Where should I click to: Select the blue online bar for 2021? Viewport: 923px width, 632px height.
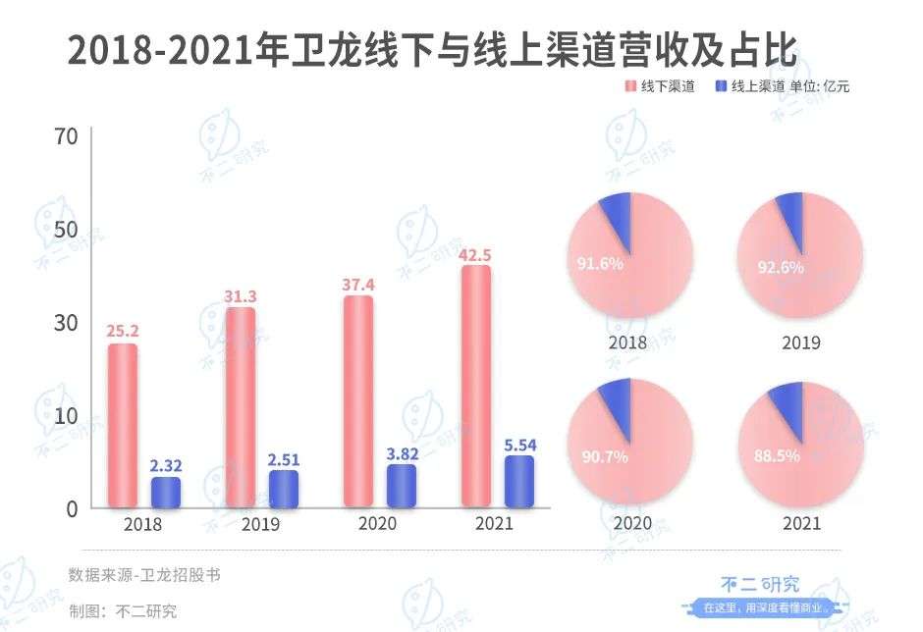pyautogui.click(x=519, y=481)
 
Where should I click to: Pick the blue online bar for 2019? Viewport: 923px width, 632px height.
pyautogui.click(x=284, y=488)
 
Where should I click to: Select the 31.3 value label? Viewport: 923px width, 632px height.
pyautogui.click(x=240, y=297)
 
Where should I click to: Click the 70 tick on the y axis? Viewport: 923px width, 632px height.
pyautogui.click(x=66, y=136)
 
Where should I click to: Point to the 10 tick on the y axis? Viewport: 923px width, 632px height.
pyautogui.click(x=66, y=415)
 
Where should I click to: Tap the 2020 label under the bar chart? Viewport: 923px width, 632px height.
pyautogui.click(x=378, y=524)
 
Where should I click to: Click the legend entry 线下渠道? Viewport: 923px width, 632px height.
pyautogui.click(x=660, y=86)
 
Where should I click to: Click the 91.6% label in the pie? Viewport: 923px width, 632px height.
pyautogui.click(x=600, y=263)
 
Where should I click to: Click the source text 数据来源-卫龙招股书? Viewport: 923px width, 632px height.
pyautogui.click(x=144, y=575)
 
